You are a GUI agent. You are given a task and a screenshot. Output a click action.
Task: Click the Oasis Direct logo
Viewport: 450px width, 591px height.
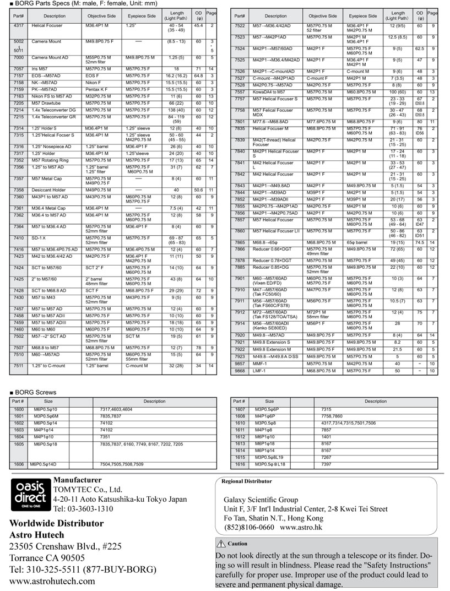[30, 495]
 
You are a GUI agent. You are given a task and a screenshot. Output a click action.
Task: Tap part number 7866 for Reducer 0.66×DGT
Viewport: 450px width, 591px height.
[240, 249]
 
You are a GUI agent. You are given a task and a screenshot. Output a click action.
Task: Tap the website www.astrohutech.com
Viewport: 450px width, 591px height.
[52, 581]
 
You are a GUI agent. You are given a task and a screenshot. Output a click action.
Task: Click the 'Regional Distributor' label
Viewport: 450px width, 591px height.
[246, 481]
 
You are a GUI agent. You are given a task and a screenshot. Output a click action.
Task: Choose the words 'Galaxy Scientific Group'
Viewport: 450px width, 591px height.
[261, 500]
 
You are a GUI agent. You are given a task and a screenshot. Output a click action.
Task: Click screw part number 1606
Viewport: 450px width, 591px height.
[19, 464]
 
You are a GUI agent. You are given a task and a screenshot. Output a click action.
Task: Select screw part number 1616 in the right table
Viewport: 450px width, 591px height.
[240, 464]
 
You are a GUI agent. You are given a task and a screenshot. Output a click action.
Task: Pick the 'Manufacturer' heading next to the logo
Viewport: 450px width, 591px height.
[77, 480]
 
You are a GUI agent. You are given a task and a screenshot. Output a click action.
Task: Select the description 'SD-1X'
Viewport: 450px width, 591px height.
[38, 238]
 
